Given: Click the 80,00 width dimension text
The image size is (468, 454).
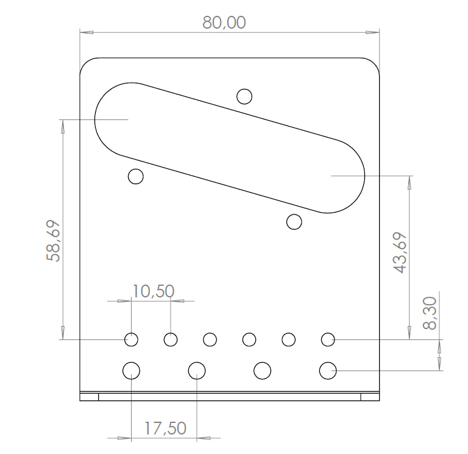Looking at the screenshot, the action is click(224, 23).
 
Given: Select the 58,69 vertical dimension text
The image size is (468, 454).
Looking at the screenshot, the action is click(54, 241).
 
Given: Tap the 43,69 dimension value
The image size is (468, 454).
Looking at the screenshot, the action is click(400, 252).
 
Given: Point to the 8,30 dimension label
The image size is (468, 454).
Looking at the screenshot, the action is click(430, 313).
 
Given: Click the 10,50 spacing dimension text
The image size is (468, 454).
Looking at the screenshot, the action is click(153, 291).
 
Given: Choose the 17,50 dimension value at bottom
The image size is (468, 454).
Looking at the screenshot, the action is click(165, 428).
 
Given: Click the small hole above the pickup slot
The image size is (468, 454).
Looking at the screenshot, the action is click(244, 96).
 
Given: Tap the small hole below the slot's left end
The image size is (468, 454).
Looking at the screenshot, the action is click(135, 176).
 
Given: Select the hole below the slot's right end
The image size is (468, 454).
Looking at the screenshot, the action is click(294, 222).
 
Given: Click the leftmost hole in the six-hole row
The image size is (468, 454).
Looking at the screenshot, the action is click(131, 339).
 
